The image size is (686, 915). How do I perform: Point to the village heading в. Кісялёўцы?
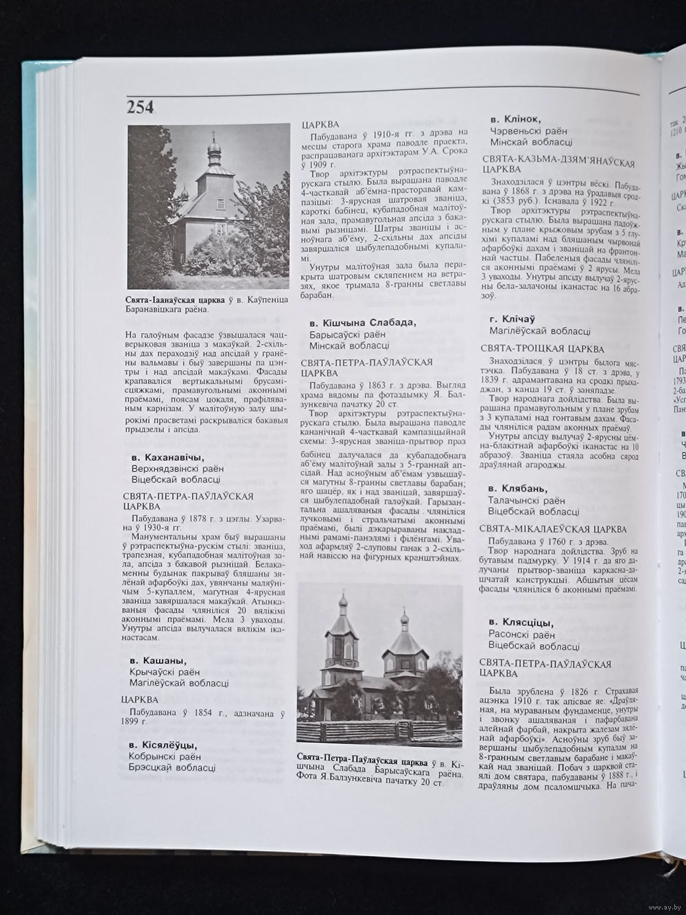(163, 745)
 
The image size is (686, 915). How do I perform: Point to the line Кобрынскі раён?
(163, 756)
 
